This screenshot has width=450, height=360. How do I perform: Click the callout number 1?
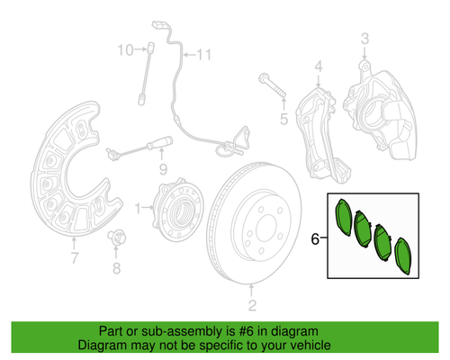pos(138,208)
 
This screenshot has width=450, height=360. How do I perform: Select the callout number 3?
pos(365,38)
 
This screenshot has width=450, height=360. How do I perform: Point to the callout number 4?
pos(318,67)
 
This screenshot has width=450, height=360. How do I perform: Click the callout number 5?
pos(282,116)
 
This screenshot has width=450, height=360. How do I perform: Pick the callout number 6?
pos(316,239)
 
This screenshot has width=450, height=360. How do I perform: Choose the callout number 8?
pos(116,267)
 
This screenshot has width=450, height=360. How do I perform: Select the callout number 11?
pos(202,55)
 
